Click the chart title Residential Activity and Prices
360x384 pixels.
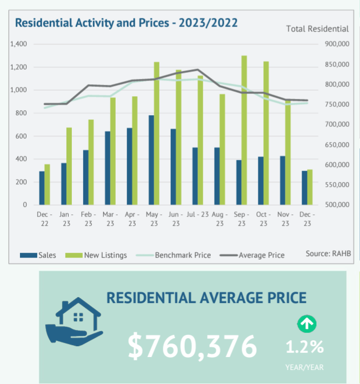coord(126,23)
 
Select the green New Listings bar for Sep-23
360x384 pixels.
coord(244,130)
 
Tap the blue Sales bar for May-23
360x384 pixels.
coord(151,160)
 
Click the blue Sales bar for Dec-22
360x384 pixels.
coord(42,188)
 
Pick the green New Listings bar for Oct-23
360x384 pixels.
coord(266,133)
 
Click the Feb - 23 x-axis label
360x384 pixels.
coord(89,219)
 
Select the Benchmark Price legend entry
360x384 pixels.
coord(172,255)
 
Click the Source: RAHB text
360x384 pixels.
coord(325,253)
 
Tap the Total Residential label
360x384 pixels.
coord(317,28)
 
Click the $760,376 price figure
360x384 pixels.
coord(192,346)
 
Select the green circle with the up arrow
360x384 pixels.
coord(307,324)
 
